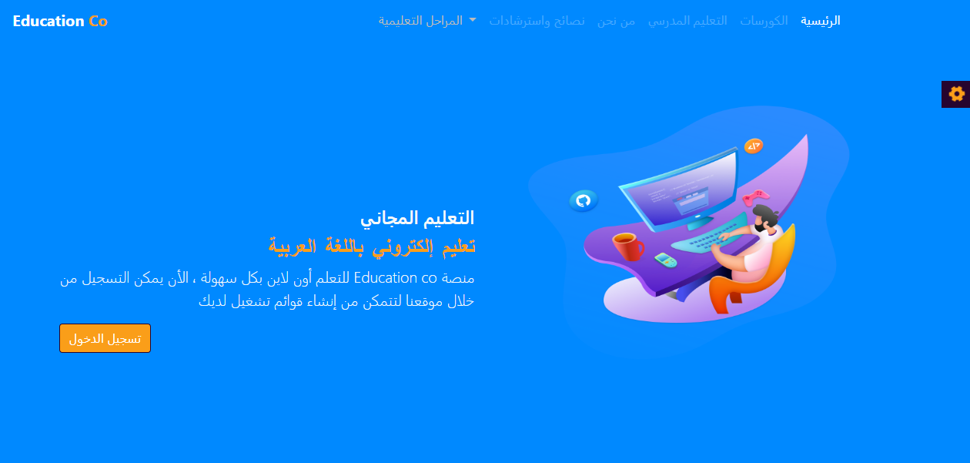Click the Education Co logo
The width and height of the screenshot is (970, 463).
(60, 21)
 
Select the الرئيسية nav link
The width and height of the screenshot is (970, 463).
(820, 21)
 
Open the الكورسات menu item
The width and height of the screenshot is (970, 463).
(764, 21)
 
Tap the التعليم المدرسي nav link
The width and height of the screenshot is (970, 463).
(687, 21)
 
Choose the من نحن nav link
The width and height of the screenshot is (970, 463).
(616, 21)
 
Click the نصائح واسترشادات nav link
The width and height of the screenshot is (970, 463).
(537, 21)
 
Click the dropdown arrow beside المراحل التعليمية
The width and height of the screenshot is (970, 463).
(473, 20)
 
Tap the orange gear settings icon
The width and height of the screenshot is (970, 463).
(957, 94)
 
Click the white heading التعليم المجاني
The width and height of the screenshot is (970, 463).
(417, 217)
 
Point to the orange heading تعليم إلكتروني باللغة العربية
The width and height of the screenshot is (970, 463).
(372, 247)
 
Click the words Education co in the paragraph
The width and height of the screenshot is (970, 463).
(395, 277)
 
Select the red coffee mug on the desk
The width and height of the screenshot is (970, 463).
(628, 247)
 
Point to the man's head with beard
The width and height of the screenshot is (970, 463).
(765, 218)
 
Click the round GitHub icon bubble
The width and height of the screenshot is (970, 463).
(584, 201)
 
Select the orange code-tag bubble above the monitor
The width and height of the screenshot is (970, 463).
(754, 146)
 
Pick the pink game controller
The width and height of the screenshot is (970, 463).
(755, 196)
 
